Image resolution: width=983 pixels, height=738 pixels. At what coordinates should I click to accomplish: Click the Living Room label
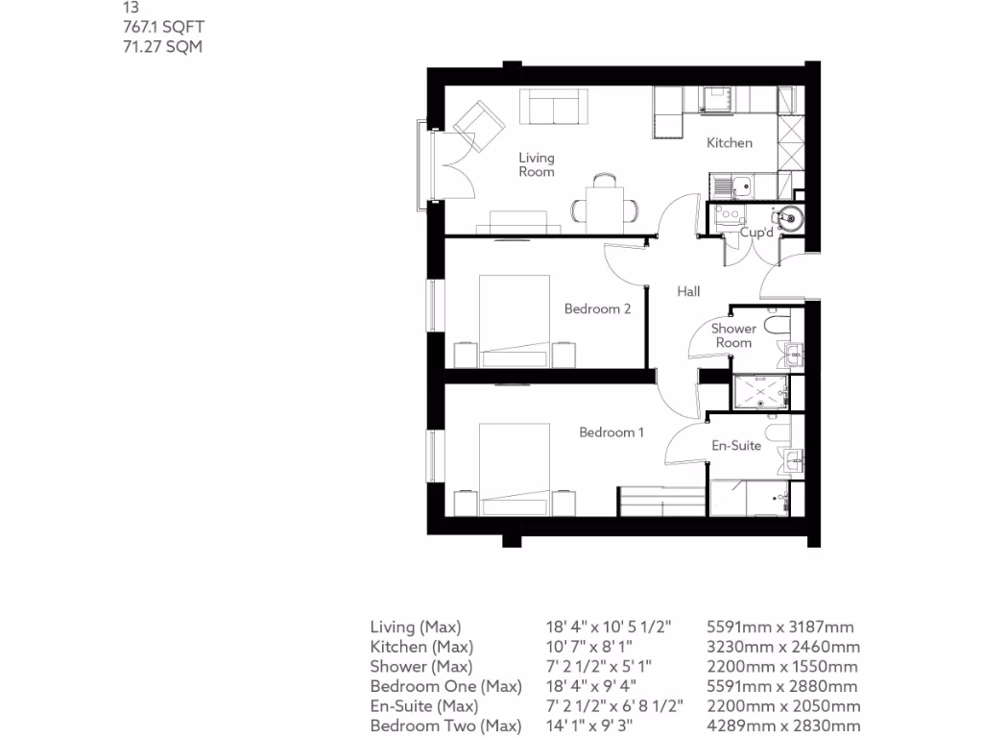[x=537, y=164]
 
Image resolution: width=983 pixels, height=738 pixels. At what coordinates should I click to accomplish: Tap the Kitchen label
[x=730, y=143]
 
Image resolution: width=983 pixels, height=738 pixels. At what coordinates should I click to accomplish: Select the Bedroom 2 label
[x=597, y=309]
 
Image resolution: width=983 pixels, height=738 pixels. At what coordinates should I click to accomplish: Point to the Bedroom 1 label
[x=611, y=432]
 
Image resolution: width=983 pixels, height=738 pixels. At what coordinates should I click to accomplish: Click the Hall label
[x=688, y=292]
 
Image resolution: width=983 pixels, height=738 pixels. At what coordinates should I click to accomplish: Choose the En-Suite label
[x=736, y=446]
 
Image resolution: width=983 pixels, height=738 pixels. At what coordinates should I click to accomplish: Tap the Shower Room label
[x=733, y=335]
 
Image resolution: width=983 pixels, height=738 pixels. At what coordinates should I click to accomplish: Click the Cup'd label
[x=756, y=234]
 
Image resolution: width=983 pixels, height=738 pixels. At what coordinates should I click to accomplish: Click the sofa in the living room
[x=554, y=107]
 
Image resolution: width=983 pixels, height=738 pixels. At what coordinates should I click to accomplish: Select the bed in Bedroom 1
[x=518, y=467]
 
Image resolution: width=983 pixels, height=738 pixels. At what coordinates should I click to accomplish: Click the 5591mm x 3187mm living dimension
[x=779, y=627]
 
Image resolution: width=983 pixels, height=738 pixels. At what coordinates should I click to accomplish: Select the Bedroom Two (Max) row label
[x=445, y=726]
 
